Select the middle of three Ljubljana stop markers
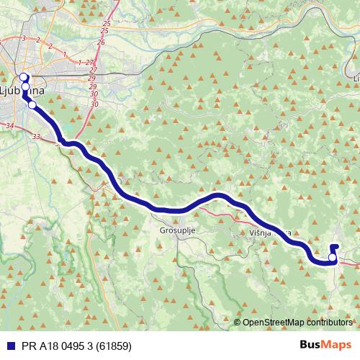25,87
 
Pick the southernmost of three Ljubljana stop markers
31,104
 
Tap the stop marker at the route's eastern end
332,257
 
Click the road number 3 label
24,38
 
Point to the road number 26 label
100,42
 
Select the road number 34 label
9,126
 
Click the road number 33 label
37,135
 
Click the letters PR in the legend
25,345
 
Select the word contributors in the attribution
330,323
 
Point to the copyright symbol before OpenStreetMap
238,323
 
